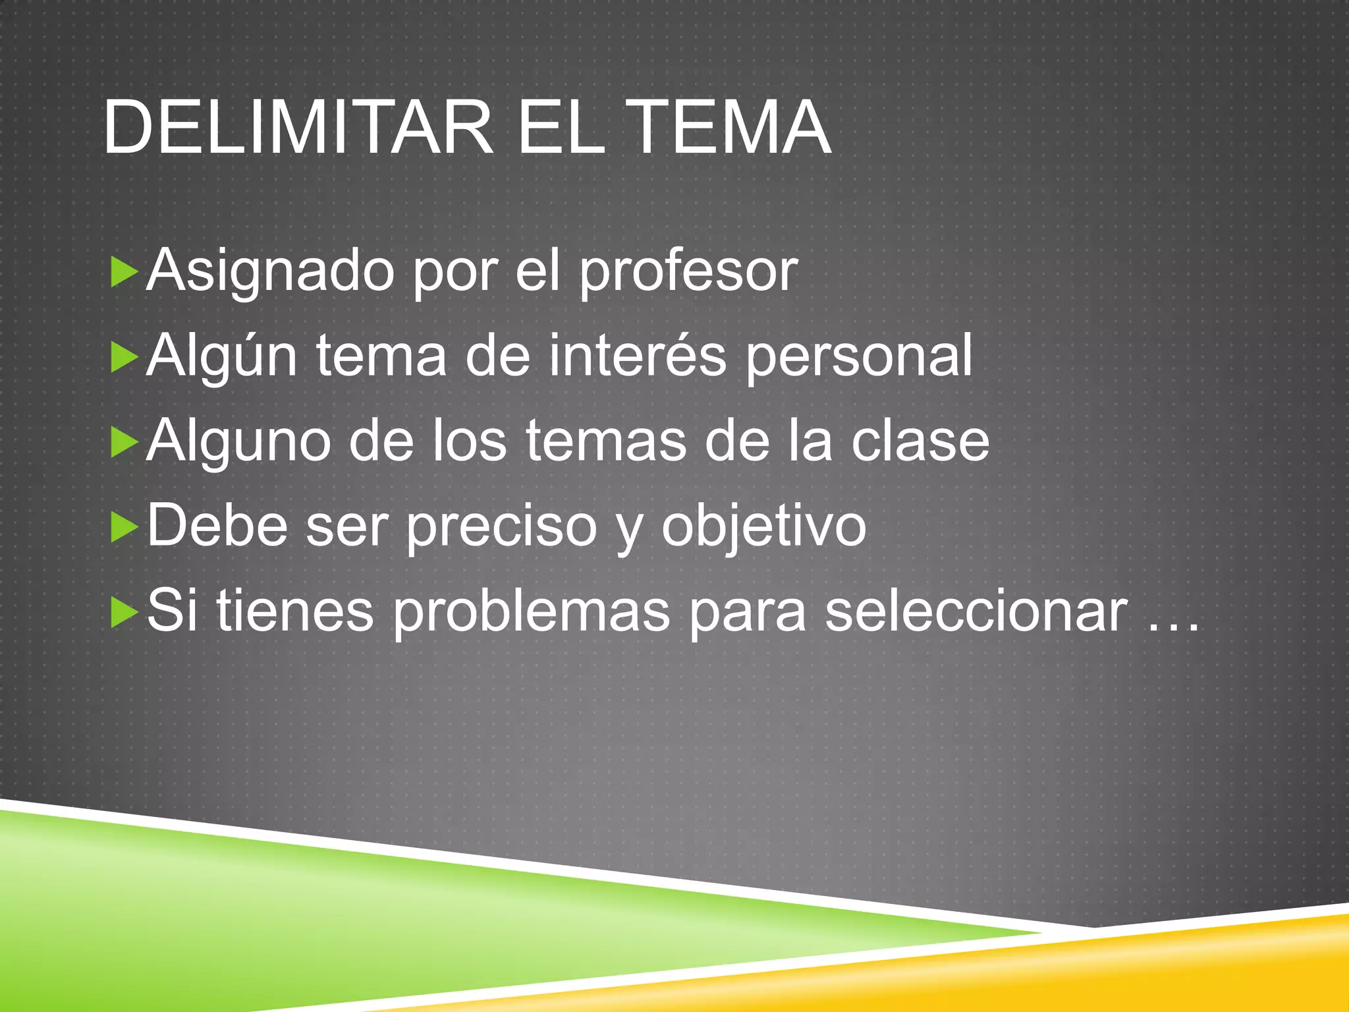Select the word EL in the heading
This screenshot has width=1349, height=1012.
click(561, 127)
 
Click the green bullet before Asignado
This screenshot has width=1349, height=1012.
click(124, 272)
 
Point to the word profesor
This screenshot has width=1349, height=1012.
click(688, 272)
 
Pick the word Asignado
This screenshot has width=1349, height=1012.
click(270, 272)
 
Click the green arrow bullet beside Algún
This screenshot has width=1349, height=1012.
click(124, 358)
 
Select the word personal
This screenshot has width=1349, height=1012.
click(859, 358)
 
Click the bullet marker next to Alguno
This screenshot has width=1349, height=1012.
click(124, 442)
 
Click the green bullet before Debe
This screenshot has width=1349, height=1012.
click(124, 527)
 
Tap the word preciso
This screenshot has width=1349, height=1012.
click(501, 527)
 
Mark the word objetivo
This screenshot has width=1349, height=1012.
click(764, 527)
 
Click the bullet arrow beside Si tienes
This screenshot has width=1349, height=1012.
click(124, 612)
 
